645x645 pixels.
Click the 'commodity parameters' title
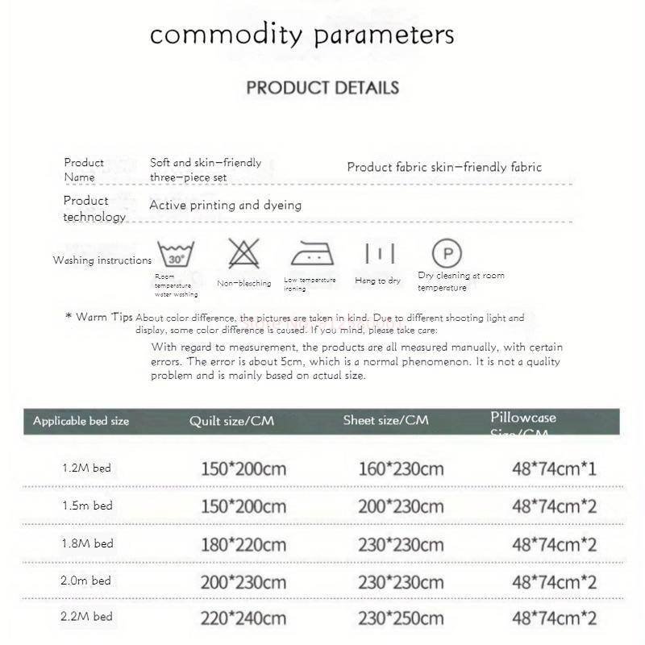pyautogui.click(x=302, y=35)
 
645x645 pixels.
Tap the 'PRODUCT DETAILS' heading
pyautogui.click(x=322, y=87)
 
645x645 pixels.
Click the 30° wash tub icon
pyautogui.click(x=176, y=255)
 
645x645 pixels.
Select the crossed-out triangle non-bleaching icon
pyautogui.click(x=243, y=254)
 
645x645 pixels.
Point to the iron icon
pyautogui.click(x=312, y=254)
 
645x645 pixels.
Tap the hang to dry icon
pyautogui.click(x=379, y=254)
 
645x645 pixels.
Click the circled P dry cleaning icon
pyautogui.click(x=447, y=253)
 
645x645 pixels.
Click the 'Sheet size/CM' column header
pyautogui.click(x=385, y=420)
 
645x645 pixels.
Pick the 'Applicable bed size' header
pyautogui.click(x=81, y=421)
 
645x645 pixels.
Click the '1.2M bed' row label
pyautogui.click(x=87, y=468)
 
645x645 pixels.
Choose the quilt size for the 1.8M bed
pyautogui.click(x=243, y=544)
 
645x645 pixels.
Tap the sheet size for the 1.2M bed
pyautogui.click(x=401, y=468)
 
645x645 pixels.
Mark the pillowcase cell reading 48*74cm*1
pyautogui.click(x=554, y=468)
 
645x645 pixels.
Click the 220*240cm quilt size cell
pyautogui.click(x=243, y=618)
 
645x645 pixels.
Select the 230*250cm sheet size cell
pyautogui.click(x=401, y=618)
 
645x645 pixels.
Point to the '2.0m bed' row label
pyautogui.click(x=87, y=580)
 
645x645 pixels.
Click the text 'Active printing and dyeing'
pyautogui.click(x=225, y=205)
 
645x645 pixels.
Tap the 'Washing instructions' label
pyautogui.click(x=102, y=260)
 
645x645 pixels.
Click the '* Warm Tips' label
pyautogui.click(x=98, y=317)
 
